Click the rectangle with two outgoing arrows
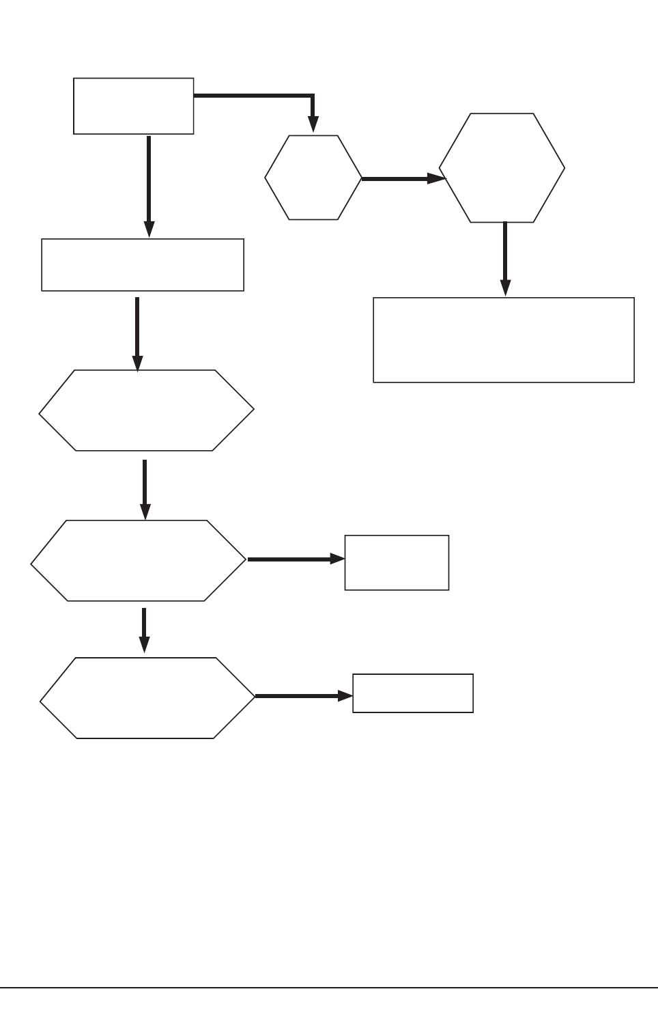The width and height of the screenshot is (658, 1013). (133, 106)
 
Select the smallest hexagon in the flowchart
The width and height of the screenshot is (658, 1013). (313, 178)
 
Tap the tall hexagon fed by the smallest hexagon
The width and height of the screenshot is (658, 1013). (502, 168)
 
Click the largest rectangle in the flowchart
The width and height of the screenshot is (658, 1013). (504, 339)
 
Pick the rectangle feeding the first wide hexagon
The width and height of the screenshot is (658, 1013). (143, 265)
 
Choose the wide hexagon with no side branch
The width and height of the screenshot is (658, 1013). (146, 411)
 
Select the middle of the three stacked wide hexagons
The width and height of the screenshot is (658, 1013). (139, 561)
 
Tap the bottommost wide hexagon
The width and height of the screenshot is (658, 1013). (147, 697)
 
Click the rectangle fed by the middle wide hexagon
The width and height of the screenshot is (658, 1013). (397, 562)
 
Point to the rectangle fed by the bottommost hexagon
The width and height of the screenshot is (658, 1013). (412, 693)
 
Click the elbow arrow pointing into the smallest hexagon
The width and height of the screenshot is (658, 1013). (273, 97)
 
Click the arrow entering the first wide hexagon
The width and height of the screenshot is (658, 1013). (138, 332)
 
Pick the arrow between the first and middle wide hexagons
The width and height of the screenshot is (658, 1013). (145, 488)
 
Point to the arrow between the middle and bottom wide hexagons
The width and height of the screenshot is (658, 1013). (144, 628)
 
